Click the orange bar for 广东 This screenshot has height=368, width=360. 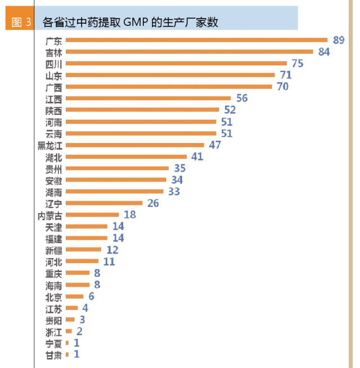[x=196, y=40]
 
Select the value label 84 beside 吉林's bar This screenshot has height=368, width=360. [x=323, y=52]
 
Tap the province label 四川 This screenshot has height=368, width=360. [x=54, y=64]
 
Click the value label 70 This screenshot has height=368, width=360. [x=283, y=87]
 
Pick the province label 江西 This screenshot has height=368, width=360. [x=54, y=98]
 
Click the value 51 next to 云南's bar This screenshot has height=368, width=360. [x=227, y=133]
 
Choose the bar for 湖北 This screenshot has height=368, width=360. [x=126, y=156]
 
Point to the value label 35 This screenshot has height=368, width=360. [x=180, y=168]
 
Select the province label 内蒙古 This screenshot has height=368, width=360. [x=50, y=215]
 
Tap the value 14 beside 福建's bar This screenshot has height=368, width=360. [x=118, y=238]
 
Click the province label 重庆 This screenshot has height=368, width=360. [x=54, y=273]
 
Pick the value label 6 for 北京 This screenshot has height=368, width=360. [x=91, y=297]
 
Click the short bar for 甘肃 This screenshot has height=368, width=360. [x=67, y=354]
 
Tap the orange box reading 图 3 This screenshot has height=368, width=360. [x=21, y=22]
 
